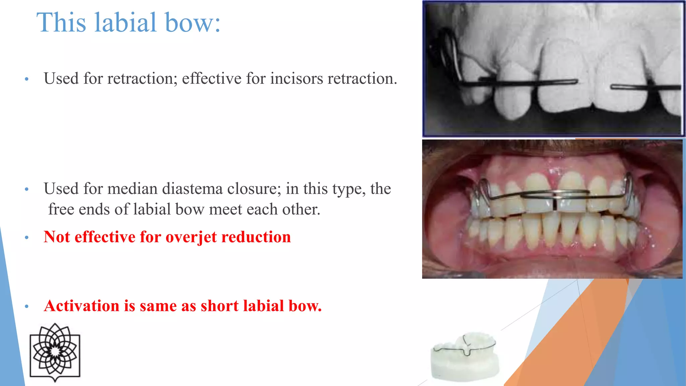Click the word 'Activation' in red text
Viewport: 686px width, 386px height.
81,306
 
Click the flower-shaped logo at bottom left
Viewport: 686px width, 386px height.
55,352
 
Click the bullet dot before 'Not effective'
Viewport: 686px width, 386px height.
27,238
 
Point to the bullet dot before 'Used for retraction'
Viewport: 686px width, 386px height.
27,80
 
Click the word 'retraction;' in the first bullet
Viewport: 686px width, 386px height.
142,78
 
